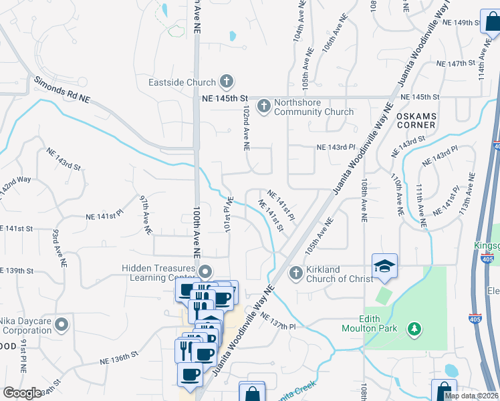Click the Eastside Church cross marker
coord(227,82)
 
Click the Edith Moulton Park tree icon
coord(414,328)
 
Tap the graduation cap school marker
coord(384,266)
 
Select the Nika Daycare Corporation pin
coord(61,325)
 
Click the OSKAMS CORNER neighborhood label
coord(416,120)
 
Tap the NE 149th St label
coord(459,22)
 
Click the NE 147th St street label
coord(455,63)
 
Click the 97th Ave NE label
coord(145,215)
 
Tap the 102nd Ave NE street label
coord(246,127)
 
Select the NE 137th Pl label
coord(278,321)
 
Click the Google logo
coord(22,393)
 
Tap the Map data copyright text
coord(471,396)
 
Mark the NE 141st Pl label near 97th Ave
coord(105,217)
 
